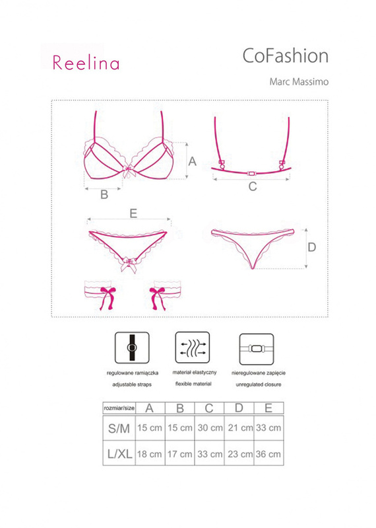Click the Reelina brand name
pos(86,63)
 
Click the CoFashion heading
pos(285,56)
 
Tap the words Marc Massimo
pos(299,82)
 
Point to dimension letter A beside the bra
pos(192,161)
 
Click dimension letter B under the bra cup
pos(104,194)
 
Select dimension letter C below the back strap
pos(253,186)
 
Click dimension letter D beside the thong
pos(312,248)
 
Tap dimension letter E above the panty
pos(133,213)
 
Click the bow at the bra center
pos(129,171)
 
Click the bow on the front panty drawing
pos(129,265)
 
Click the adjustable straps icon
pos(132,348)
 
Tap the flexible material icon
pos(193,348)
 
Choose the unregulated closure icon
pos(257,349)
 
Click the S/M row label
pos(119,428)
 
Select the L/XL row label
pos(119,454)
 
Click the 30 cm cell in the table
pos(210,428)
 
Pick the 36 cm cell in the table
pos(268,453)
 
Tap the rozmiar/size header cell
pos(119,408)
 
